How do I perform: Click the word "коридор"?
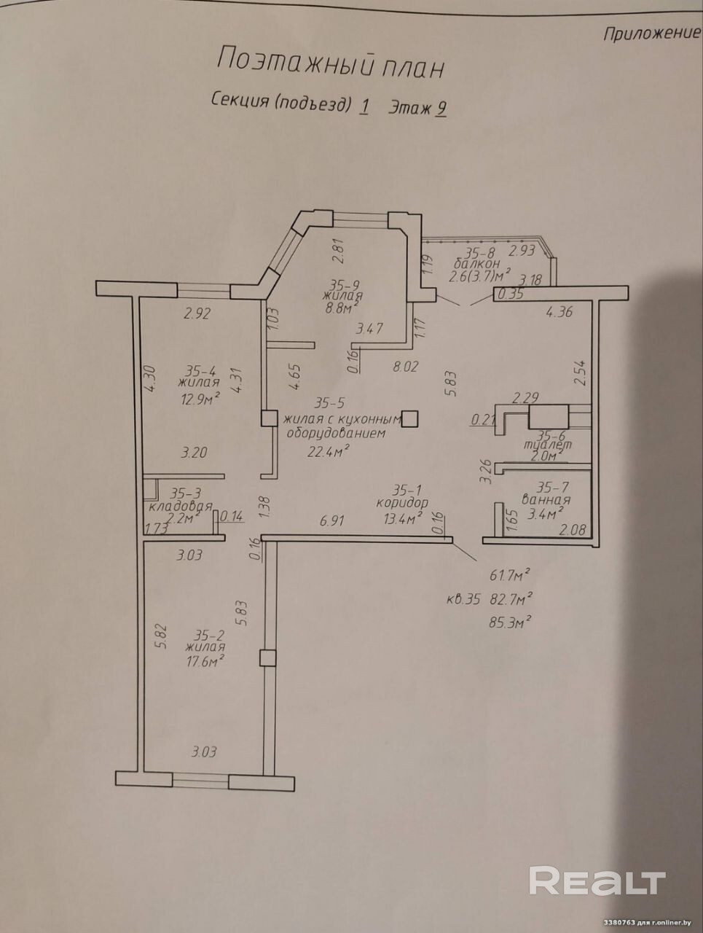pos(402,502)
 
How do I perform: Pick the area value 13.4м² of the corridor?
pos(404,518)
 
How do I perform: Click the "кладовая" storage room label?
pos(180,506)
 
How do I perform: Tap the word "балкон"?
pos(476,263)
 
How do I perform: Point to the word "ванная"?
pos(546,500)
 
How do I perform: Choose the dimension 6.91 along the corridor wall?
pos(332,520)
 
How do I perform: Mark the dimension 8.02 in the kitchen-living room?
pos(405,367)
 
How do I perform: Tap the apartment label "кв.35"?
pos(463,600)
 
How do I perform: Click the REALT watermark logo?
pos(597,881)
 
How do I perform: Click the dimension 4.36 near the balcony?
pos(559,313)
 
